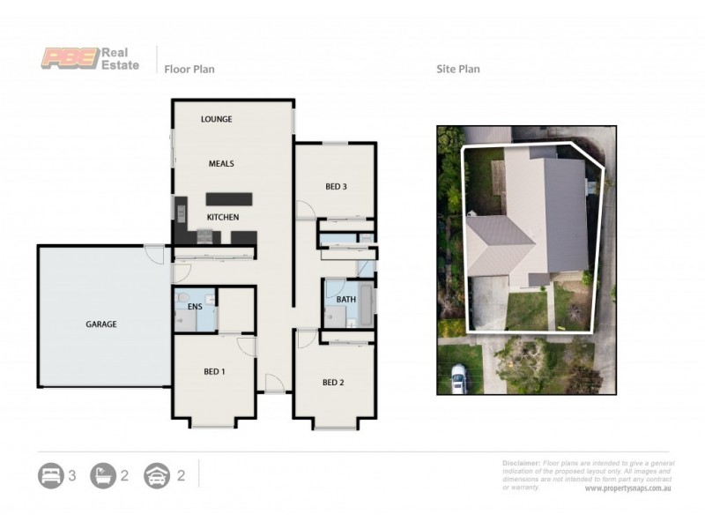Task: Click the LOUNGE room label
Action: coord(216,119)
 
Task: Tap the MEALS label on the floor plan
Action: coord(221,164)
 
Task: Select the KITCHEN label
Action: coord(223,217)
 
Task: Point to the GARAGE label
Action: coord(101,324)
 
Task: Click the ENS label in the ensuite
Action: coord(195,307)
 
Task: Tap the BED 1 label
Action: coord(214,372)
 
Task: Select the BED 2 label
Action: coord(332,383)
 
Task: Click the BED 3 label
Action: coord(336,186)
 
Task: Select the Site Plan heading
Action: coord(458,69)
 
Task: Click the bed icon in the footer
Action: coord(50,476)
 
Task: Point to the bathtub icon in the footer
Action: coord(103,476)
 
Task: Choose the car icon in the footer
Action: coord(157,476)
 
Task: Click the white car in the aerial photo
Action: coord(457,380)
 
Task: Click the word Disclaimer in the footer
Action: coord(521,463)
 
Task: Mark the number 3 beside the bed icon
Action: coord(72,476)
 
